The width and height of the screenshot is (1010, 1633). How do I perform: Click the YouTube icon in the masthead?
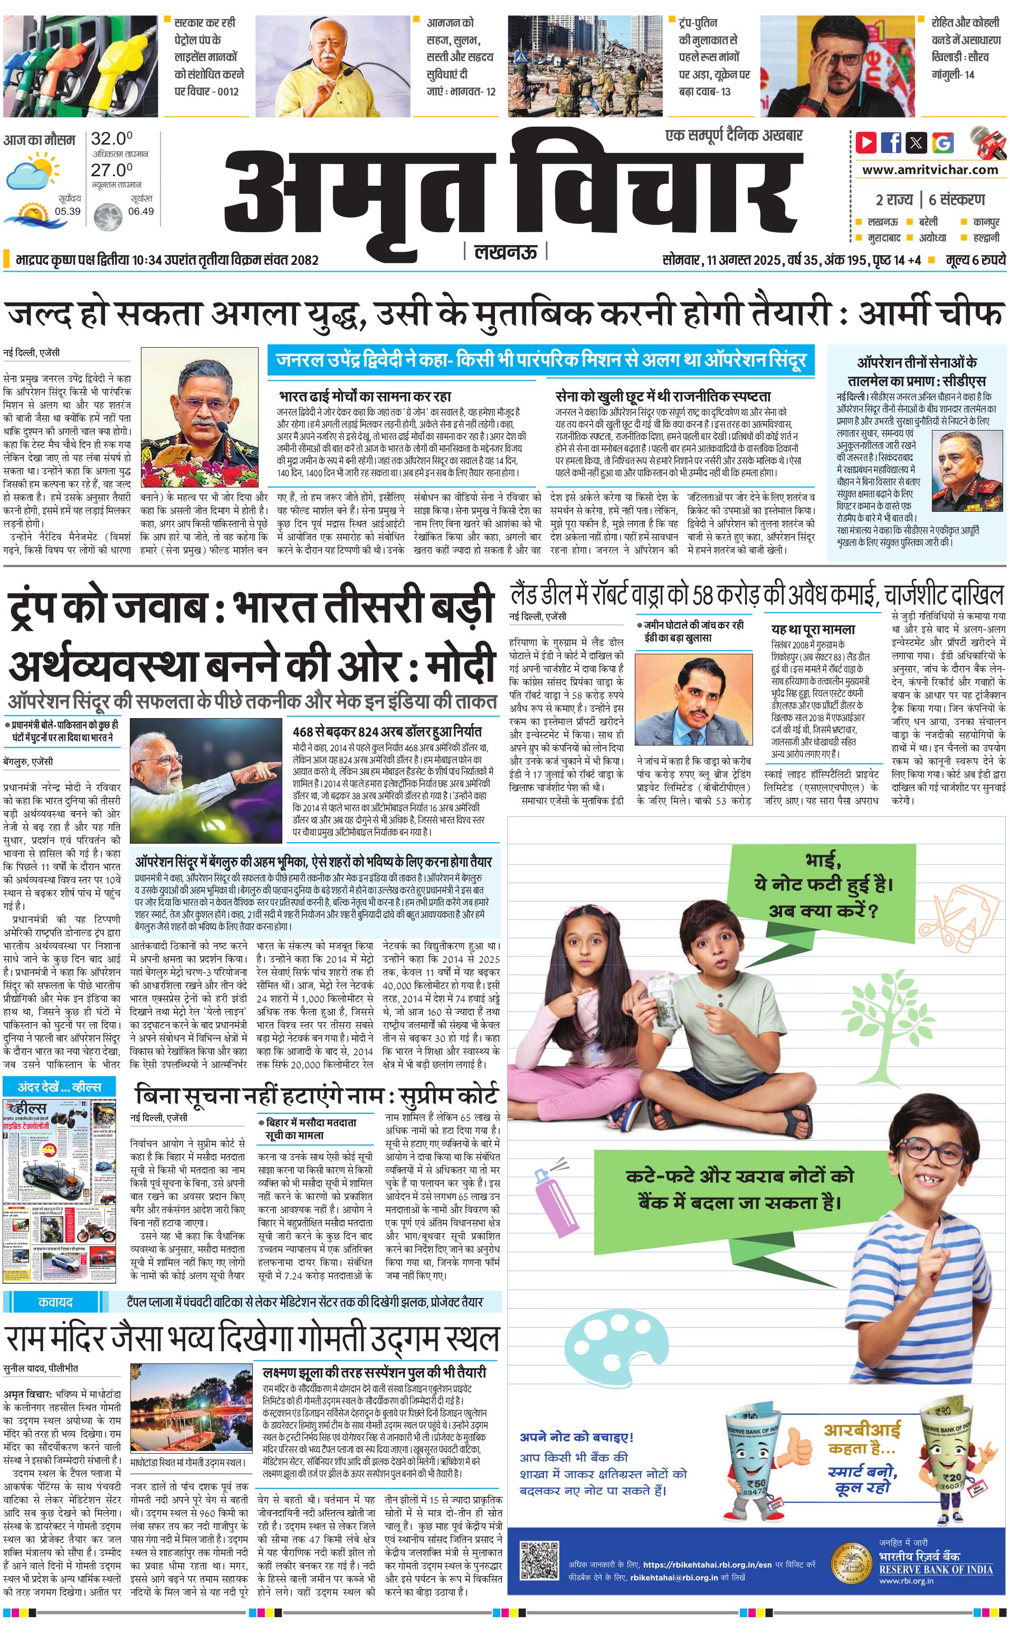[866, 142]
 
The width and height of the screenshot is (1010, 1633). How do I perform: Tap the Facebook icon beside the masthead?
[891, 142]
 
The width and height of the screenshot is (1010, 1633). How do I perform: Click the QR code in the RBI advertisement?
[538, 1560]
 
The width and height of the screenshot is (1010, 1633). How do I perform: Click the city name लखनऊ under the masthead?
[506, 252]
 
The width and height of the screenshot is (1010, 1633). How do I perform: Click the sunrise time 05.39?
[68, 211]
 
